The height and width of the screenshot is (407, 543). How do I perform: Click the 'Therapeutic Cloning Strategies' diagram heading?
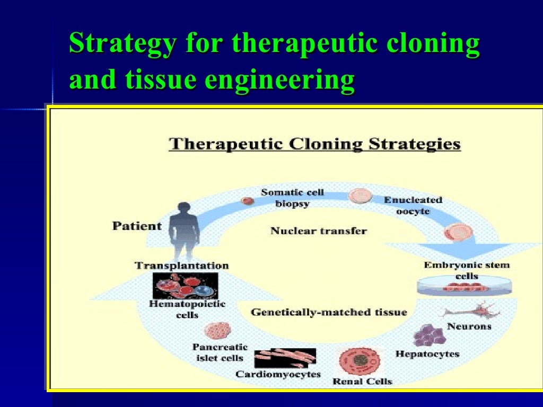coord(314,144)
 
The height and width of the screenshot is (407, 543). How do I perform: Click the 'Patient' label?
coord(137,226)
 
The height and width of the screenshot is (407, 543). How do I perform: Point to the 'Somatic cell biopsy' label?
coord(292,198)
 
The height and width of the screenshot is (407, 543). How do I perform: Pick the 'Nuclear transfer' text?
coord(318,231)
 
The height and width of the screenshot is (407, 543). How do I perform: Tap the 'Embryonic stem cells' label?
coord(466,270)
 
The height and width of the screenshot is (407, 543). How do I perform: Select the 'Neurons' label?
coord(469,326)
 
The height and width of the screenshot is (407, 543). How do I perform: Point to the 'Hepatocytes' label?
coord(427,354)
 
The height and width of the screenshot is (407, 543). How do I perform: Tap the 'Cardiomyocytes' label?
coord(278,375)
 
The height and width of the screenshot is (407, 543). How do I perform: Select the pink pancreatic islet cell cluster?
coord(215,331)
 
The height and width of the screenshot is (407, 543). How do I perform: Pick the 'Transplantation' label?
coord(182,266)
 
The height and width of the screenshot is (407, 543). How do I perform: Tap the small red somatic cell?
coord(246,201)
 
